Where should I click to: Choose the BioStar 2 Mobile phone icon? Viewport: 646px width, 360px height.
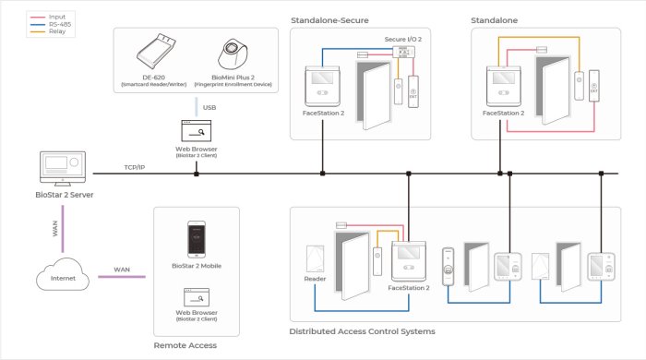point(196,239)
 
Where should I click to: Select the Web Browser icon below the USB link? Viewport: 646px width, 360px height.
point(196,132)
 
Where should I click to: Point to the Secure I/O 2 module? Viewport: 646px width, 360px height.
point(401,54)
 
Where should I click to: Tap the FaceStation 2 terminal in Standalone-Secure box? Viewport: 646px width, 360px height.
point(322,88)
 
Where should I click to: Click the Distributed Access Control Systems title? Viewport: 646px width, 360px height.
point(362,330)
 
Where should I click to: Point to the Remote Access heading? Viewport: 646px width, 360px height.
point(185,345)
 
